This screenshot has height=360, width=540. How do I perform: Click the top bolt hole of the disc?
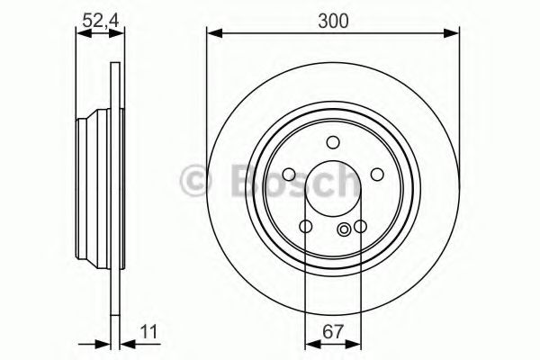pyautogui.click(x=333, y=141)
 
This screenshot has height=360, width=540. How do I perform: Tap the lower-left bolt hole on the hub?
pyautogui.click(x=305, y=227)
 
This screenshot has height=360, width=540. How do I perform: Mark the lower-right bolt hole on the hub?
pyautogui.click(x=361, y=227)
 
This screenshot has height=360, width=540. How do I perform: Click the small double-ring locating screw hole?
pyautogui.click(x=345, y=231)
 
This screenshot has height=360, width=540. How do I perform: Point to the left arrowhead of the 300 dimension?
pyautogui.click(x=212, y=33)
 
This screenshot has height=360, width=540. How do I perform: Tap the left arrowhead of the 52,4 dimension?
pyautogui.click(x=80, y=33)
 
